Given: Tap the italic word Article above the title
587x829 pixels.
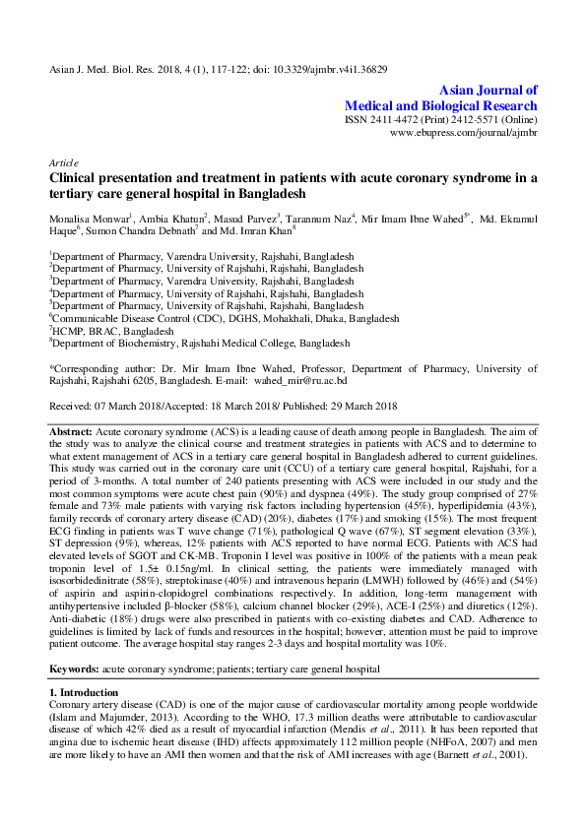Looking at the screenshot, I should [x=64, y=161].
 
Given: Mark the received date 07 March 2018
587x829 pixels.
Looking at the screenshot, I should [x=124, y=407].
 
